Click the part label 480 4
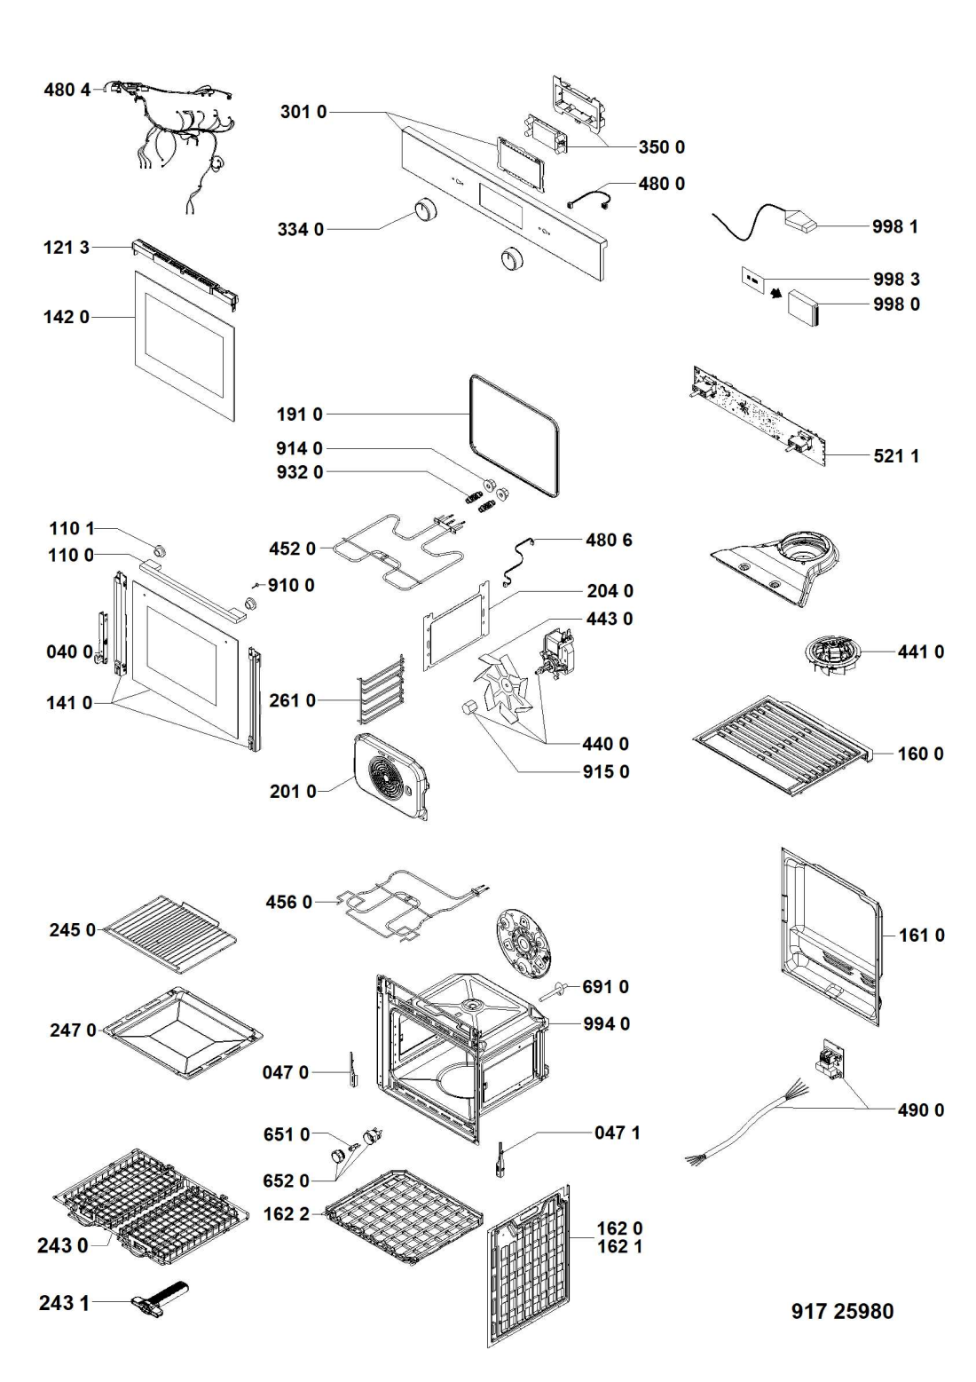(67, 90)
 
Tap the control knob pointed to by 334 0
(425, 209)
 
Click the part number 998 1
(894, 226)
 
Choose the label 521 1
(896, 456)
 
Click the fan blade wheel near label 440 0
(500, 690)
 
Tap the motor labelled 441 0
(832, 658)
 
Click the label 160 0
(920, 754)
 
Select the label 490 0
(920, 1110)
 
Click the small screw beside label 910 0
(255, 585)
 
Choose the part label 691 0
(605, 986)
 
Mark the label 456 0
(288, 902)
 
